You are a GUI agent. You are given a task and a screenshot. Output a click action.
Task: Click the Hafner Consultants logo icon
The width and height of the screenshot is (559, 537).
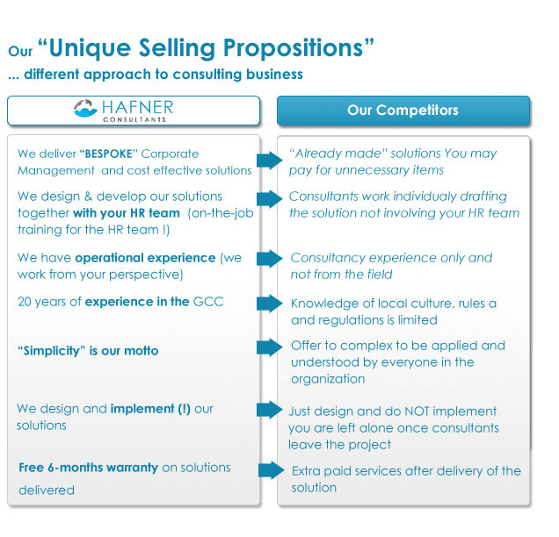[85, 108]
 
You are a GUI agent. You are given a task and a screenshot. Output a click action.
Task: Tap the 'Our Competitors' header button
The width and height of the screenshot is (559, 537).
[403, 111]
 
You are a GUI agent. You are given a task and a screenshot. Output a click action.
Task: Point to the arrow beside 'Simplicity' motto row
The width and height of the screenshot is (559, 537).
[270, 347]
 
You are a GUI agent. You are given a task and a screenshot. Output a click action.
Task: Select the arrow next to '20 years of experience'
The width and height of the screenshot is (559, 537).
[270, 304]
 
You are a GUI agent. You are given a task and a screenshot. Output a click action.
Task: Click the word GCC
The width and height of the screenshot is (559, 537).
[208, 302]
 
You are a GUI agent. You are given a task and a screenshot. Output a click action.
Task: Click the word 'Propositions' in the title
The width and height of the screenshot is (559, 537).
[293, 48]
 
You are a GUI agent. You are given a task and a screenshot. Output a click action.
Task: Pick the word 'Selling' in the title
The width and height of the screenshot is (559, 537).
[177, 49]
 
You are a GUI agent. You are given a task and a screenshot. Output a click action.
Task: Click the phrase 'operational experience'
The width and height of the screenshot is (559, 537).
[145, 258]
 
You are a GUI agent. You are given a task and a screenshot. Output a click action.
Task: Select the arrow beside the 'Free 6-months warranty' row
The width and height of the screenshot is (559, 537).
[271, 470]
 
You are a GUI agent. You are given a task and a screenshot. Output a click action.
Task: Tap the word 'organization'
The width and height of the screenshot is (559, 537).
[328, 379]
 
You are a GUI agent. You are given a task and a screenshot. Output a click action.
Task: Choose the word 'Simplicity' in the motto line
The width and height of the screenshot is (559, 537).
[52, 351]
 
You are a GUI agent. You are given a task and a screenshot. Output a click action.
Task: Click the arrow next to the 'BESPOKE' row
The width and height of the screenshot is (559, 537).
[270, 161]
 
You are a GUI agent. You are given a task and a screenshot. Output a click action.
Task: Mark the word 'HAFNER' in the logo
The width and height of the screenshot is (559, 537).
[138, 107]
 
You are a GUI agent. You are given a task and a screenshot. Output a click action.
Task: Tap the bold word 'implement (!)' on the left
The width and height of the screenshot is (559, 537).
[150, 409]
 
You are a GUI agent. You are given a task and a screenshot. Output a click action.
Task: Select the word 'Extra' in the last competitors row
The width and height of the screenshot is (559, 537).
[306, 471]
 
